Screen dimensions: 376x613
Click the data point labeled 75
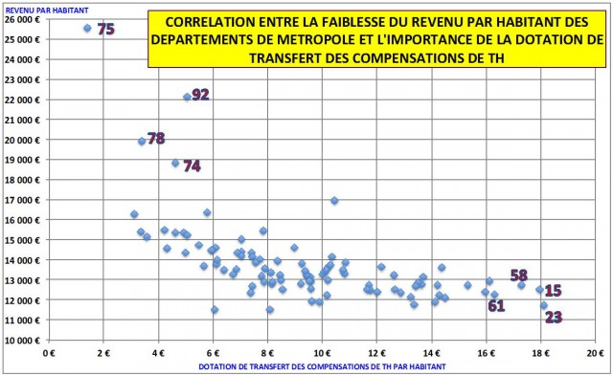tap(87, 28)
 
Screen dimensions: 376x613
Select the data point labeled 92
tap(187, 97)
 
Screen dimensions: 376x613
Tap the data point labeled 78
tap(142, 141)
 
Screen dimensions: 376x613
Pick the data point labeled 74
tap(175, 163)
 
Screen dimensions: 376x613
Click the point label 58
tap(519, 276)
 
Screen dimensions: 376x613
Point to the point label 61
tap(496, 306)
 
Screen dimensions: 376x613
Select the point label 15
tap(553, 291)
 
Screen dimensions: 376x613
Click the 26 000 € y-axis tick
tap(23, 18)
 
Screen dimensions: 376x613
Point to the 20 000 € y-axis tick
tap(23, 139)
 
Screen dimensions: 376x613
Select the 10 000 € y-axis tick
tap(23, 340)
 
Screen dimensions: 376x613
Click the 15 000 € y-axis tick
tap(23, 239)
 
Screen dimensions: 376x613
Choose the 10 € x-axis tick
tap(322, 354)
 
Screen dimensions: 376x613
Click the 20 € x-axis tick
tap(595, 354)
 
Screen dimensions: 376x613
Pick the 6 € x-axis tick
tap(214, 354)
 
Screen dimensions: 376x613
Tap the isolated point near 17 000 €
tap(334, 200)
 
